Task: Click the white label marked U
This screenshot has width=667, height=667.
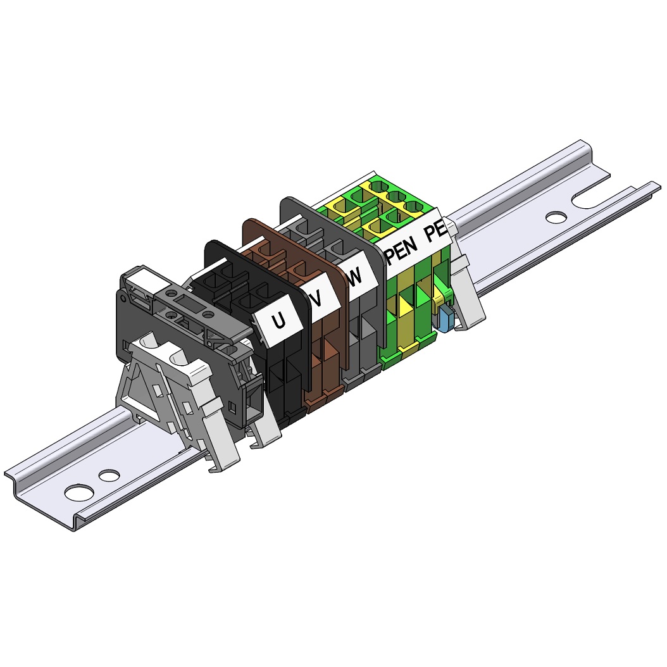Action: [x=278, y=323]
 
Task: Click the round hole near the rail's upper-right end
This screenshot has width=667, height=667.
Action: [x=556, y=217]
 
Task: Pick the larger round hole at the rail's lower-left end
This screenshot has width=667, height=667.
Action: [x=80, y=492]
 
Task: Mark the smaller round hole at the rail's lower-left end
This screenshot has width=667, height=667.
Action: [x=109, y=474]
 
